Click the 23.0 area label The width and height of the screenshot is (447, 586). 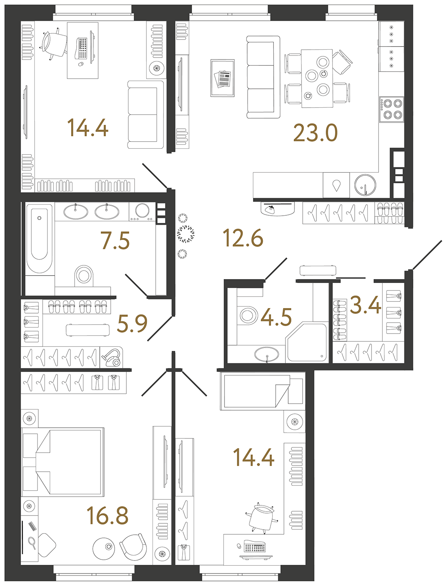(x=315, y=133)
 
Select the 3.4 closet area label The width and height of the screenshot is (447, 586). (x=365, y=305)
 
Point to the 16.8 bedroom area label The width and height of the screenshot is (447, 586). (x=108, y=516)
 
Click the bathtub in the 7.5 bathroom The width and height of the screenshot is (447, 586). (x=39, y=238)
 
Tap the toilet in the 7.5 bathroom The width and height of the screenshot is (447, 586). (x=84, y=275)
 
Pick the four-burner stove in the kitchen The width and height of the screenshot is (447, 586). (x=392, y=109)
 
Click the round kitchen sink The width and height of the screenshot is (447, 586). (x=365, y=185)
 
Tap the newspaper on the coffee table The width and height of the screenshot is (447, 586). (x=223, y=79)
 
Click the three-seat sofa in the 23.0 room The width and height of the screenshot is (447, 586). (x=263, y=78)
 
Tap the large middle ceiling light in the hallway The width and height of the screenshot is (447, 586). (x=185, y=234)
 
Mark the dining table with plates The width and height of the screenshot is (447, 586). (x=317, y=78)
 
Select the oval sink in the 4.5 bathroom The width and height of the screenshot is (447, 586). (x=267, y=355)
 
